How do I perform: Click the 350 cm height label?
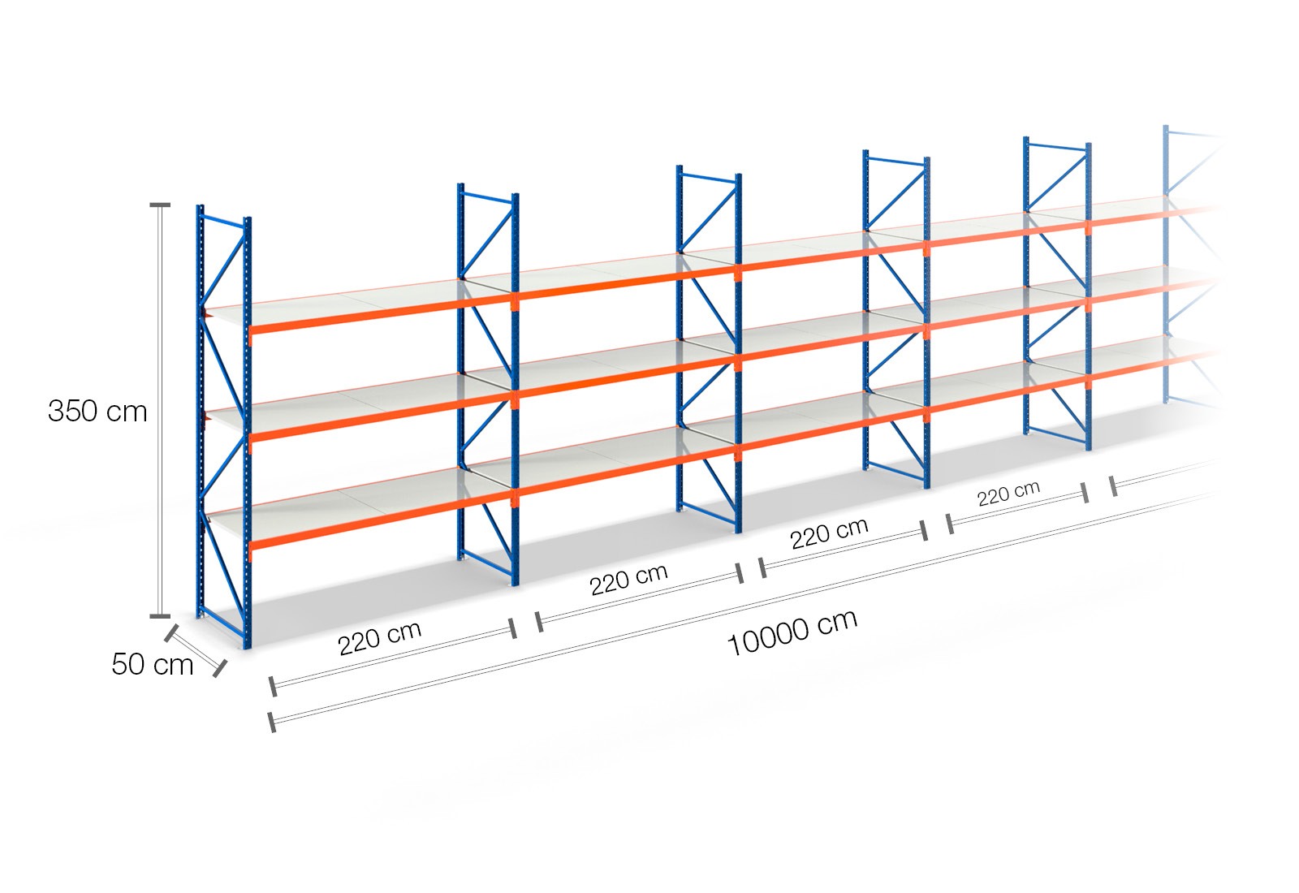pyautogui.click(x=97, y=411)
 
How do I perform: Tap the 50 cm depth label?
pyautogui.click(x=153, y=664)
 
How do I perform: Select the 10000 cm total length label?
pyautogui.click(x=792, y=632)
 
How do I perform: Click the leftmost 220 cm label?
pyautogui.click(x=380, y=638)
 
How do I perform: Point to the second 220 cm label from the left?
pyautogui.click(x=628, y=579)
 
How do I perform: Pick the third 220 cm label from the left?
pyautogui.click(x=829, y=533)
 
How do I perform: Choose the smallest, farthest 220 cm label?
pyautogui.click(x=1008, y=494)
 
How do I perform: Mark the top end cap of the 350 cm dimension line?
pyautogui.click(x=159, y=205)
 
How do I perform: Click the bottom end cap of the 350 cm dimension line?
pyautogui.click(x=159, y=615)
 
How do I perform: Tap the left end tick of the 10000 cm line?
pyautogui.click(x=272, y=722)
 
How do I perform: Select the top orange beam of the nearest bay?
pyautogui.click(x=382, y=313)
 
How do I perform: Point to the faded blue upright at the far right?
pyautogui.click(x=1166, y=265)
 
